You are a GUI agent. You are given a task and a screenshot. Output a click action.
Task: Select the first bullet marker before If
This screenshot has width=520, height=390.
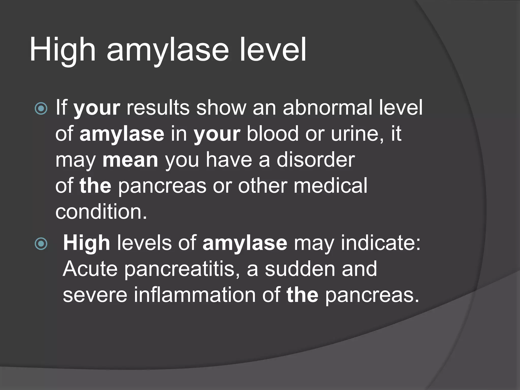(41, 109)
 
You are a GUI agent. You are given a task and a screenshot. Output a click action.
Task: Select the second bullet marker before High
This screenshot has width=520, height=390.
(41, 244)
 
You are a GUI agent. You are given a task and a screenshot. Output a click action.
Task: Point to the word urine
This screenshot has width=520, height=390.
(357, 134)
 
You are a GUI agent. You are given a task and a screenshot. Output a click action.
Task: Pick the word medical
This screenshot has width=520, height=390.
(330, 186)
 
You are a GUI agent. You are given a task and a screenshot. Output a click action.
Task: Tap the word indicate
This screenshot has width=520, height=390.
(380, 243)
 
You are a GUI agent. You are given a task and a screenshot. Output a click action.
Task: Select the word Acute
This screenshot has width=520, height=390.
(90, 269)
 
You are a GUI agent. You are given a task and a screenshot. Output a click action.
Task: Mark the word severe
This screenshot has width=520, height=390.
(95, 295)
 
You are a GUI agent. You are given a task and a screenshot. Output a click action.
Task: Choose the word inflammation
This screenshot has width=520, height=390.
(195, 295)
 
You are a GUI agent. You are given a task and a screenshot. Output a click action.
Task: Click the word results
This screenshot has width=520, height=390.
(158, 108)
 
